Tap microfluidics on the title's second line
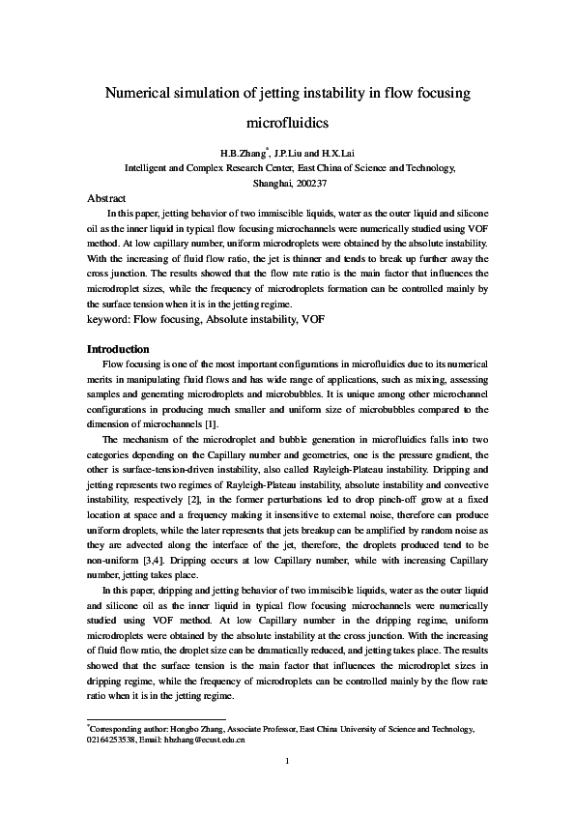click(x=288, y=123)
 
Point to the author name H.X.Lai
click(x=340, y=153)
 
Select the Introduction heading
click(x=118, y=348)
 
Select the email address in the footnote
click(x=211, y=740)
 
